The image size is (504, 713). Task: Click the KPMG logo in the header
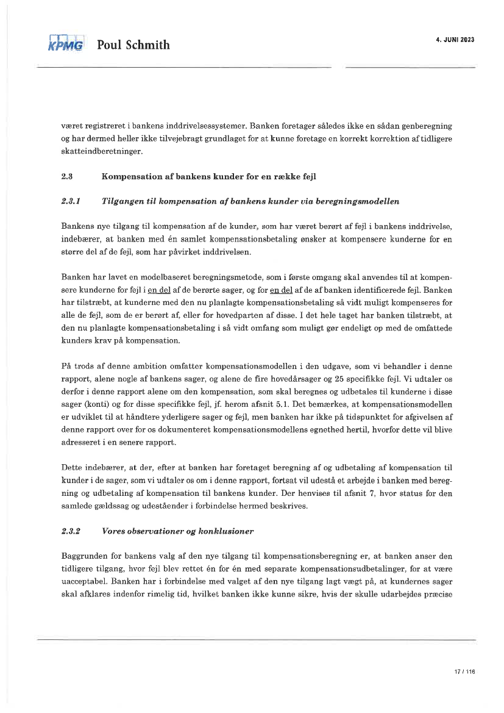pyautogui.click(x=65, y=44)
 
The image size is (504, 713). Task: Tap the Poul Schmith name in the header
pyautogui.click(x=133, y=45)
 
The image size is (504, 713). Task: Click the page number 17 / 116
pyautogui.click(x=464, y=672)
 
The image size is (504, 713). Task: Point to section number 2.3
pyautogui.click(x=67, y=177)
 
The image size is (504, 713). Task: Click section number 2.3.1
pyautogui.click(x=71, y=199)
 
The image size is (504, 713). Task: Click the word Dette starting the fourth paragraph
pyautogui.click(x=72, y=466)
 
